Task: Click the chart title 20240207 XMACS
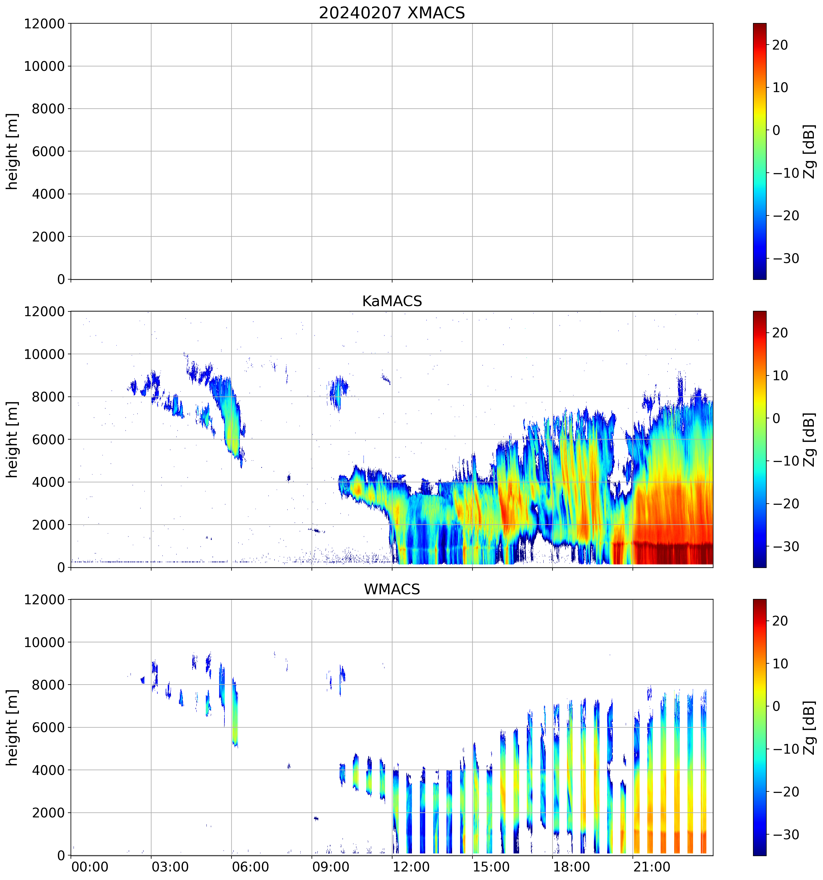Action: coord(392,13)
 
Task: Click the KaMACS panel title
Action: coord(392,301)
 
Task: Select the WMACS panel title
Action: coord(392,589)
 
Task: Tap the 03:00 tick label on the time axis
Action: coord(170,867)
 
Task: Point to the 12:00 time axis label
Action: coord(411,867)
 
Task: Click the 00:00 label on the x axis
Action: coord(90,867)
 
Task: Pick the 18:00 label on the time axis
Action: coord(571,867)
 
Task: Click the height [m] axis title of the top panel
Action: coord(12,151)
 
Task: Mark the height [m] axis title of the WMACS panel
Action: coord(12,727)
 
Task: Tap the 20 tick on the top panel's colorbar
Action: coord(780,45)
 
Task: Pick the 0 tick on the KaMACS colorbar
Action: coord(776,418)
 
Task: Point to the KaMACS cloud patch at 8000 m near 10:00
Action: coord(339,390)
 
